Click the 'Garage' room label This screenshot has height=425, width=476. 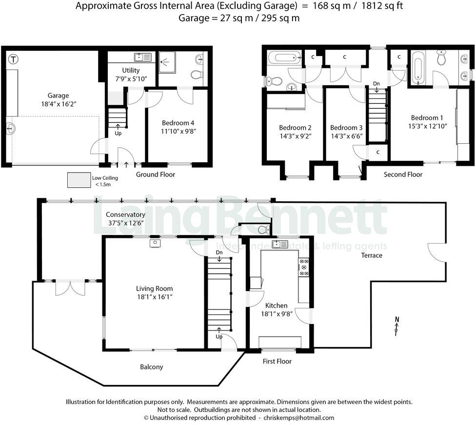point(58,96)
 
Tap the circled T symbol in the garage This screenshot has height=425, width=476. point(14,59)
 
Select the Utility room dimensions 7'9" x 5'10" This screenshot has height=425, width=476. point(131,78)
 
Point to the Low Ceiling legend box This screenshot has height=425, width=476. point(79,180)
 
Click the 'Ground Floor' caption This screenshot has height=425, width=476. point(155,174)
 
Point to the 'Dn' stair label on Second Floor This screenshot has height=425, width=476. point(376,83)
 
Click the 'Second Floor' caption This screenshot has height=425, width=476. point(403,174)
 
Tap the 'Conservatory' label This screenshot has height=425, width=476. point(125,214)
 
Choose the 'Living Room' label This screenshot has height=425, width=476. point(154,288)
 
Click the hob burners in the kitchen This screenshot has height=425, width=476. point(304,267)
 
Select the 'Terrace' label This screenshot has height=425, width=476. point(371,255)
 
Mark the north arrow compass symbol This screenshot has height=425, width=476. point(397,326)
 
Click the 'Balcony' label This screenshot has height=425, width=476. point(151,367)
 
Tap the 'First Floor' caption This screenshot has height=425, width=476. point(277,361)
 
